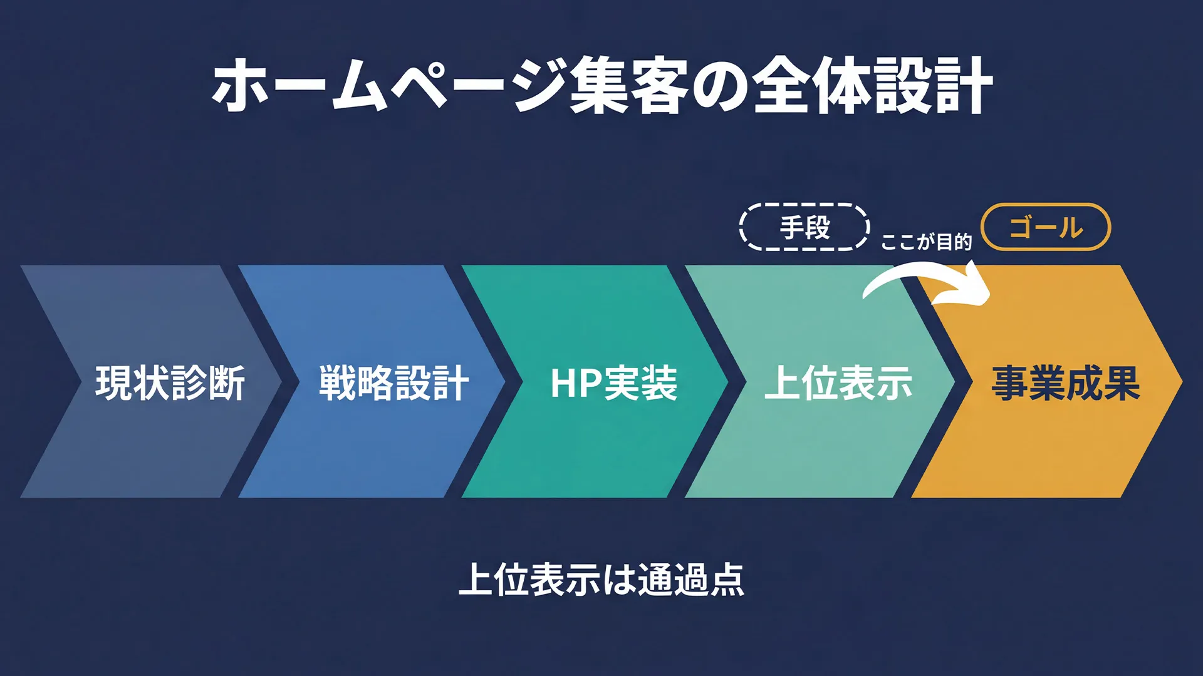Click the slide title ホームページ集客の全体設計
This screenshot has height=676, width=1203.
601,86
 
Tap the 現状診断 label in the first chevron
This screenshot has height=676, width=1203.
170,382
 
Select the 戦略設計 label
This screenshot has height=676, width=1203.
393,382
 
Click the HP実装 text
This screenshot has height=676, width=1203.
614,382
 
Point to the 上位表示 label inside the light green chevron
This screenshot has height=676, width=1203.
838,382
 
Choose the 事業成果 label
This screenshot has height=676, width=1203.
1065,382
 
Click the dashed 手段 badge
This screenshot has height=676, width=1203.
805,227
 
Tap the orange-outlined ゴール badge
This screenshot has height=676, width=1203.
1046,227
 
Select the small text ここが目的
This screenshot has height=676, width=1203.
926,242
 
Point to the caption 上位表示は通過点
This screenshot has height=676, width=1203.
601,580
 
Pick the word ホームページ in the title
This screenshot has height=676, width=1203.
388,86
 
